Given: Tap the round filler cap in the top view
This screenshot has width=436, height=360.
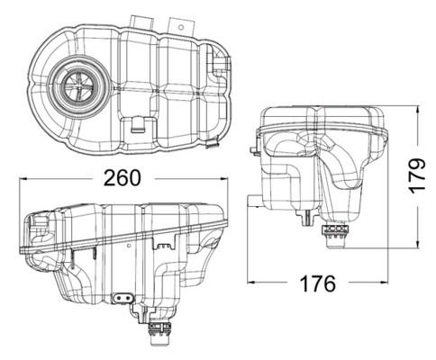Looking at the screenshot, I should tap(76, 86).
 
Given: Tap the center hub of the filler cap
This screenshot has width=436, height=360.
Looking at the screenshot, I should tap(76, 86).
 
